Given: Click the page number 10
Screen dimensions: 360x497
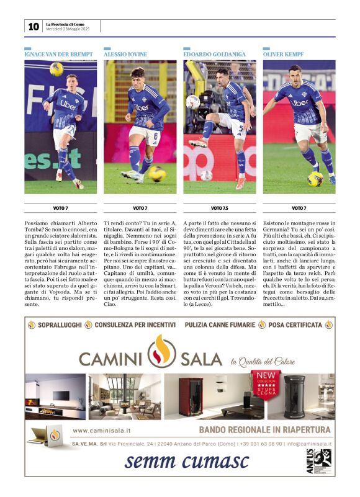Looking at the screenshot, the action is pos(34,26).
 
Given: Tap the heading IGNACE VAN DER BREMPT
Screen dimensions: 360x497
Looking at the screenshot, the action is pos(58,55).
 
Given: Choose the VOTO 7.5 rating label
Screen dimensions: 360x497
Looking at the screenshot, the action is pos(220,208).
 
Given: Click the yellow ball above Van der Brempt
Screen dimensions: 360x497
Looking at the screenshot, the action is pos(56,69).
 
